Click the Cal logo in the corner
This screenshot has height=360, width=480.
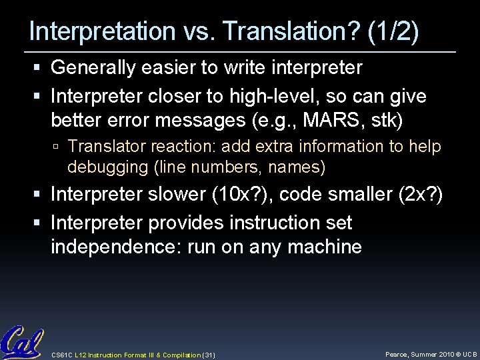pos(22,341)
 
